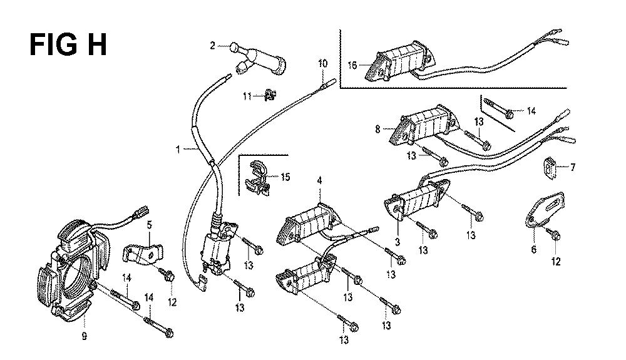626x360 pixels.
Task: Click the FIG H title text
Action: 69,46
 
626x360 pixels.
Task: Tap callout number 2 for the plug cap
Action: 212,46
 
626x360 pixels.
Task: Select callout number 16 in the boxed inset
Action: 352,64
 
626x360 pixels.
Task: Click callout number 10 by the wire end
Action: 322,64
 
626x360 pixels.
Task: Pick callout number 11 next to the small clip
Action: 248,96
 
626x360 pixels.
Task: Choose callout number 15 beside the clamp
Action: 285,177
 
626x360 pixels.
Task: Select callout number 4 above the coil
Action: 319,182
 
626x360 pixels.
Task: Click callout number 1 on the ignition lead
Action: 178,150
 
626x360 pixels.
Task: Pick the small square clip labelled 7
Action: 549,167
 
